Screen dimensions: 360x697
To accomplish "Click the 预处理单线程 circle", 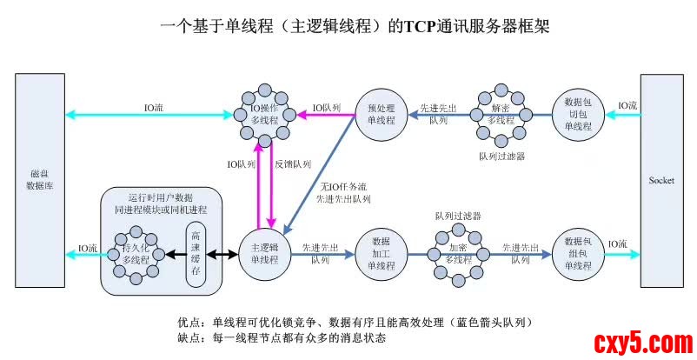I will (x=381, y=114).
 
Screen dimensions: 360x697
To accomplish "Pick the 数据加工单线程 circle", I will (x=381, y=253).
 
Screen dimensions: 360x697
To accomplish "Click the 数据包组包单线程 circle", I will (x=577, y=253).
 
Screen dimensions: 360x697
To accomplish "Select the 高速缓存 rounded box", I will (x=196, y=253).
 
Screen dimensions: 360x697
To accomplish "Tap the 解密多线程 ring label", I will (x=502, y=114).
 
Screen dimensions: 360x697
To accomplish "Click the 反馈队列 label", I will (x=293, y=163).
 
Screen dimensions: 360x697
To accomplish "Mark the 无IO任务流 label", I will (x=342, y=187).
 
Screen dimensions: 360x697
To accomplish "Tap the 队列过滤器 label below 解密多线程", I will (x=501, y=157).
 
